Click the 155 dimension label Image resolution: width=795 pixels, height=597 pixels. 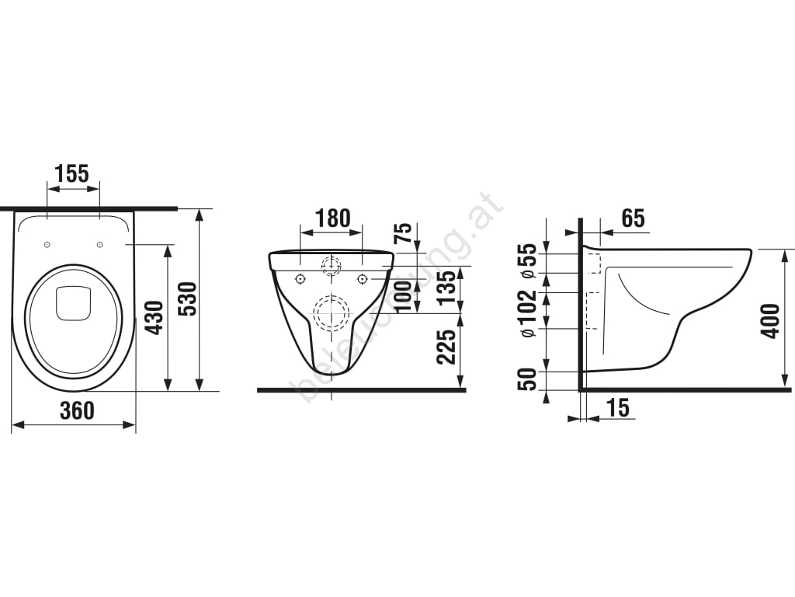[x=72, y=173]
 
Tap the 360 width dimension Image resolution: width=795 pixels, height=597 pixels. [x=77, y=410]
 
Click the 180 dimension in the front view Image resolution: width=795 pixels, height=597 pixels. [x=332, y=218]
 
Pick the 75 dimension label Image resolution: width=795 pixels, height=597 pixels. [x=403, y=234]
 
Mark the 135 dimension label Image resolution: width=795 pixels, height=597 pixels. [x=447, y=288]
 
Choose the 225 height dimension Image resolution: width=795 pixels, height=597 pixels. [x=447, y=347]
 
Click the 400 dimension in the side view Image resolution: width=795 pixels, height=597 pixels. [x=770, y=321]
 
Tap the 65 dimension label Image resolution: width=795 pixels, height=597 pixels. [x=634, y=218]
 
